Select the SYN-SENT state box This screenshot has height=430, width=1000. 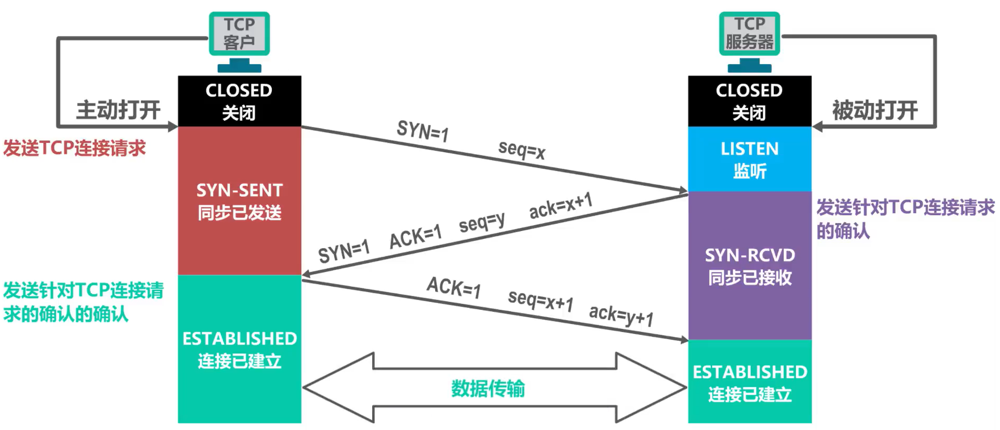click(x=239, y=201)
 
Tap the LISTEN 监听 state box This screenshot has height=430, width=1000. click(x=749, y=160)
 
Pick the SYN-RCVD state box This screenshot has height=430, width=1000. click(x=749, y=266)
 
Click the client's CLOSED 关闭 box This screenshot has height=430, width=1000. click(x=239, y=101)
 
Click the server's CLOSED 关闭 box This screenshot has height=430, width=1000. click(x=749, y=101)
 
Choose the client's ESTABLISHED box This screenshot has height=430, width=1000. click(x=239, y=349)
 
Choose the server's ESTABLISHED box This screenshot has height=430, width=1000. click(x=749, y=383)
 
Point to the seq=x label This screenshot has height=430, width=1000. click(x=522, y=150)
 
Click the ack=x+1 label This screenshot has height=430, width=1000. click(x=561, y=205)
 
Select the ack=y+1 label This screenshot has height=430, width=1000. click(x=621, y=315)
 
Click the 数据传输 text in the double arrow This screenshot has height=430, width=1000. click(x=488, y=389)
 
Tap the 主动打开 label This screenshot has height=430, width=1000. click(x=119, y=110)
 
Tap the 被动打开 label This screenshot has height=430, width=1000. click(x=875, y=110)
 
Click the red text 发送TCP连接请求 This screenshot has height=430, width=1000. click(x=75, y=148)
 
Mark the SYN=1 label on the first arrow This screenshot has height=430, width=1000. click(x=423, y=131)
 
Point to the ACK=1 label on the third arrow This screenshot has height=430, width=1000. click(x=454, y=287)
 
